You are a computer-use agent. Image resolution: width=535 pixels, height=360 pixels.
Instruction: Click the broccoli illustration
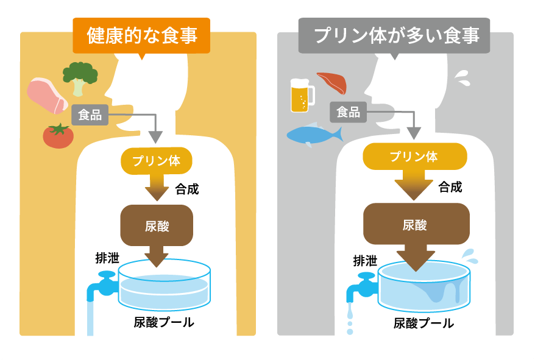click(x=80, y=77)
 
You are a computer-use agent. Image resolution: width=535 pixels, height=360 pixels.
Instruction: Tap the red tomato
click(x=58, y=135)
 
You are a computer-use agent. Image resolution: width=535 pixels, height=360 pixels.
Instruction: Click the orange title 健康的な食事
click(x=142, y=35)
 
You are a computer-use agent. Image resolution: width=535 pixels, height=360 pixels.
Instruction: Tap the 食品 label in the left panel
click(x=90, y=115)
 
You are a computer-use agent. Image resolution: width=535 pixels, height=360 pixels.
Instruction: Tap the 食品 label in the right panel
click(x=348, y=112)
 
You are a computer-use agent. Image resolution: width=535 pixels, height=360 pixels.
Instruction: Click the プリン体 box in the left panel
click(x=157, y=160)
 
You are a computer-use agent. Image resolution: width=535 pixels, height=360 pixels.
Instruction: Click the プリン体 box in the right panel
click(x=414, y=157)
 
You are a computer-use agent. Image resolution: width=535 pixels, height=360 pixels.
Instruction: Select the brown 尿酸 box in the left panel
click(x=157, y=225)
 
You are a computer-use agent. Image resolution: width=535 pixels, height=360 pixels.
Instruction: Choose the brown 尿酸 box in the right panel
click(x=416, y=224)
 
